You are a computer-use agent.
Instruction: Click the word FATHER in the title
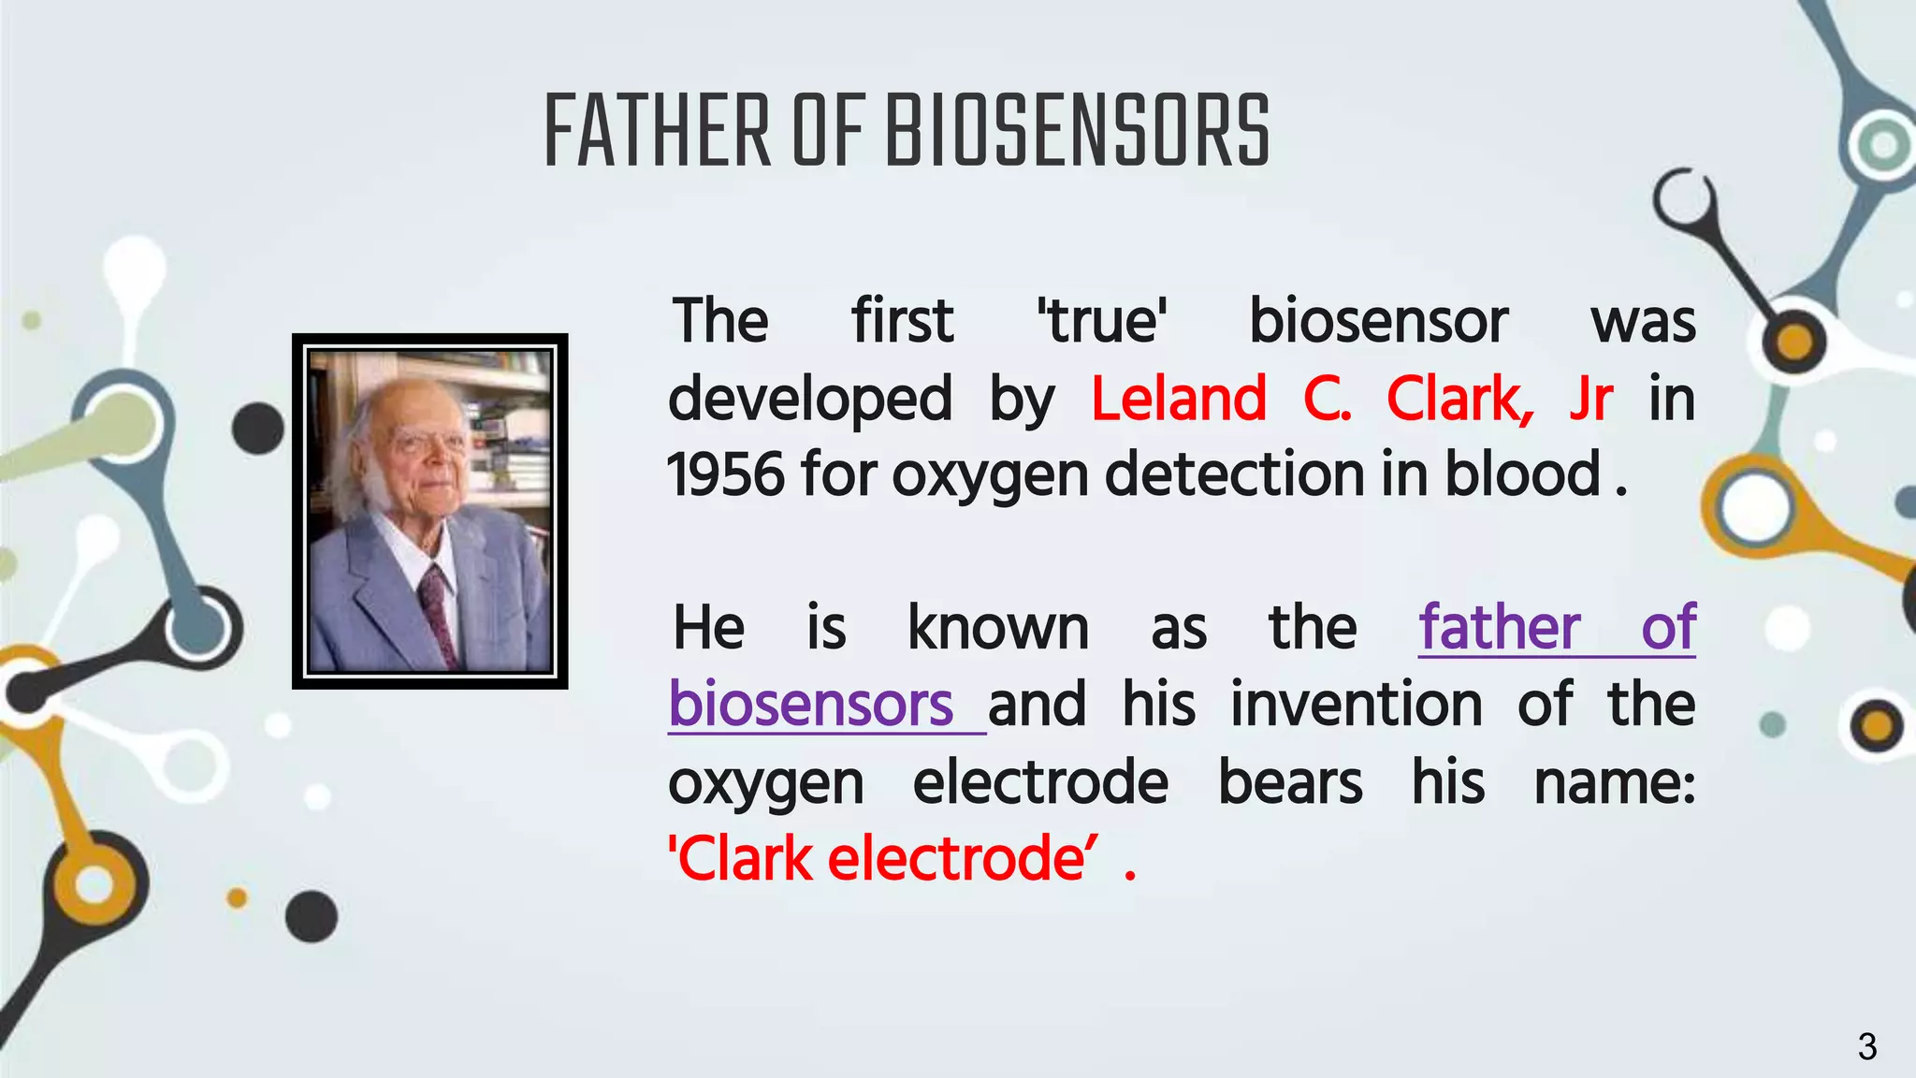(x=657, y=132)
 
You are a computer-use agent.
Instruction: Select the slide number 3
(x=1866, y=1046)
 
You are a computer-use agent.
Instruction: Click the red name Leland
(x=1179, y=399)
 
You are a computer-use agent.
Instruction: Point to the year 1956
(x=725, y=473)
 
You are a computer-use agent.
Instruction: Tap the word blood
(x=1523, y=473)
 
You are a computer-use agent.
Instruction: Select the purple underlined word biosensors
(x=810, y=705)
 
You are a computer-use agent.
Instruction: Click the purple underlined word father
(x=1499, y=628)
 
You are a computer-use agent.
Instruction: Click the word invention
(x=1356, y=705)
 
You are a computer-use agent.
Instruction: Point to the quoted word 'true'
(x=1102, y=321)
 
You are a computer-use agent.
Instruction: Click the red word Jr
(x=1590, y=399)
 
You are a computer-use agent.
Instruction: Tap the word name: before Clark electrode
(x=1614, y=782)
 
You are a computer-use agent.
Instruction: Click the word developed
(x=810, y=399)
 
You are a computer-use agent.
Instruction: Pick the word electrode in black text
(x=1040, y=782)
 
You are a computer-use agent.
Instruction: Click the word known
(x=997, y=628)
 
